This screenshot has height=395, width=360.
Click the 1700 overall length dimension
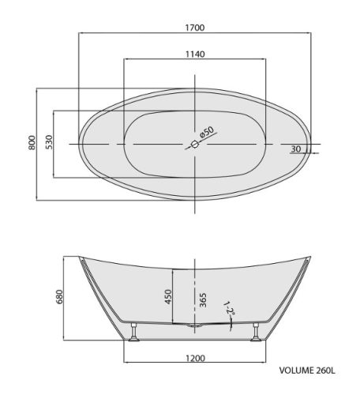pos(195,28)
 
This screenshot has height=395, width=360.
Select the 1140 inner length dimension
pos(195,55)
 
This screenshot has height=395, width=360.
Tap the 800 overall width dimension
pos(32,143)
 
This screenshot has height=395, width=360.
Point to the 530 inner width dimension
pos(49,142)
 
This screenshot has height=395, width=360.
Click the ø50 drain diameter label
pos(207,132)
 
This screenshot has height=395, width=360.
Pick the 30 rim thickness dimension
pos(296,149)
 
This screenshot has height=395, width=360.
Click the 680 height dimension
pos(60,297)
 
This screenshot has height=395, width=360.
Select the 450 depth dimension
pos(168,297)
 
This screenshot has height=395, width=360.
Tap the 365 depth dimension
pos(203,300)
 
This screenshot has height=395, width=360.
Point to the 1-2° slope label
pos(229,308)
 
